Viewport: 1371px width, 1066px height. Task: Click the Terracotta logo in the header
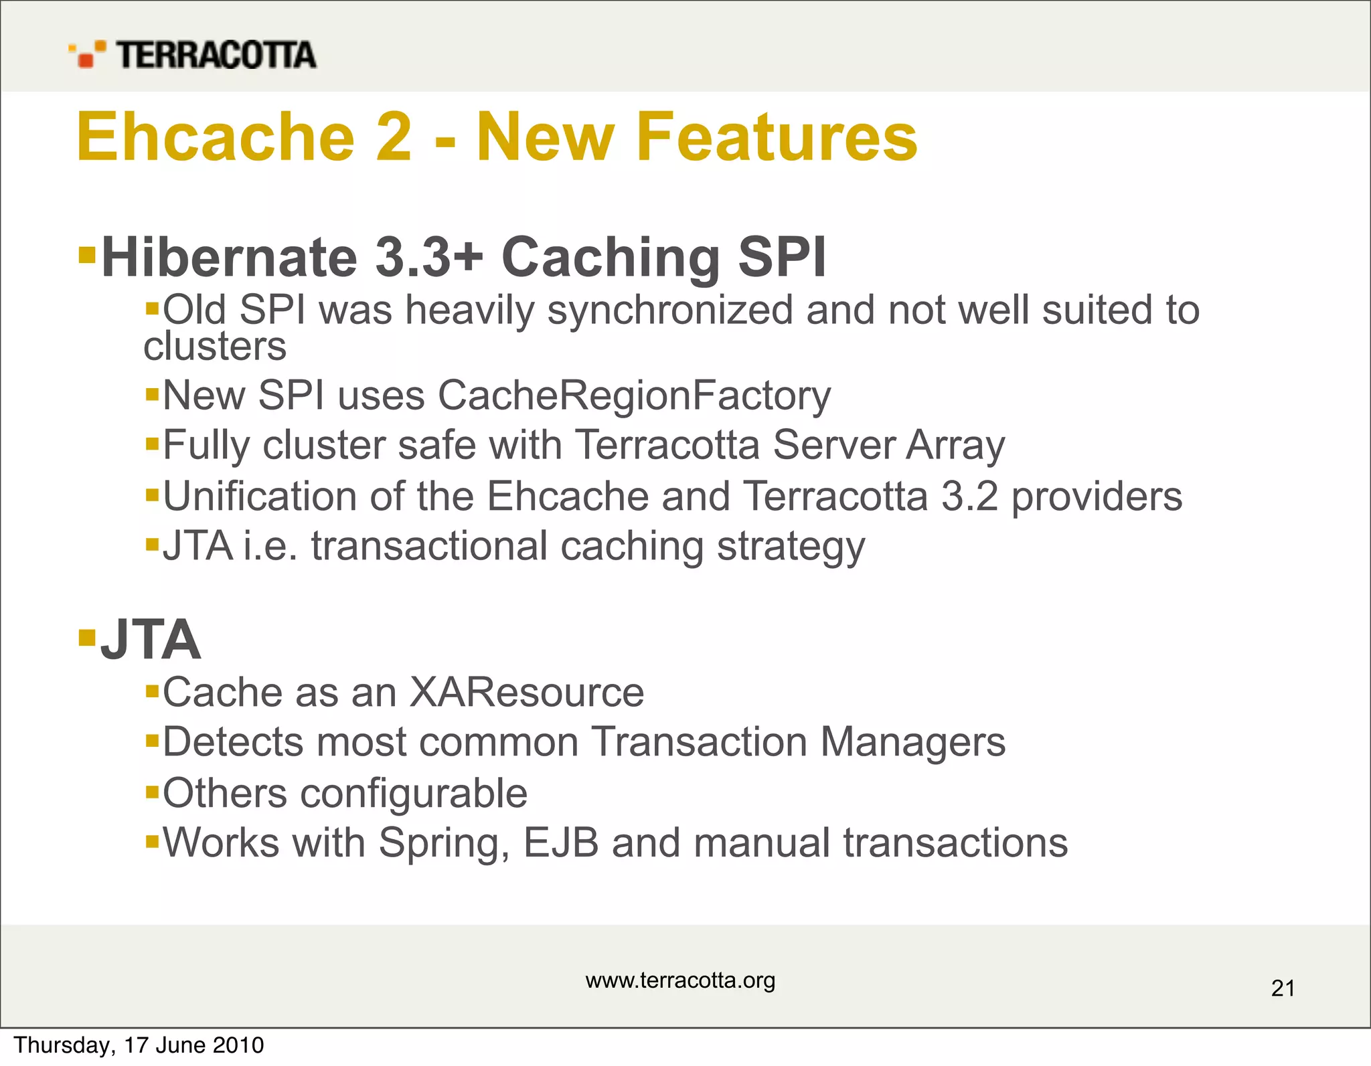pyautogui.click(x=192, y=54)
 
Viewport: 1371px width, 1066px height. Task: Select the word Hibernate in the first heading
pyautogui.click(x=230, y=257)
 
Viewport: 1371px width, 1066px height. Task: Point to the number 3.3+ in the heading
pyautogui.click(x=428, y=257)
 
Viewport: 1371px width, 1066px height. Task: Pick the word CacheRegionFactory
pyautogui.click(x=634, y=395)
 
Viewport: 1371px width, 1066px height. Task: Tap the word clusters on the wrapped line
pyautogui.click(x=215, y=347)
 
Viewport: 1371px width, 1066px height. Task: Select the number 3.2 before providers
pyautogui.click(x=969, y=496)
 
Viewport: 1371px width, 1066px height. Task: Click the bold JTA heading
pyautogui.click(x=150, y=640)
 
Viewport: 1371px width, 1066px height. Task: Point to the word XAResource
pyautogui.click(x=526, y=692)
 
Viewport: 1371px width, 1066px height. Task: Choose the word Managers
pyautogui.click(x=912, y=742)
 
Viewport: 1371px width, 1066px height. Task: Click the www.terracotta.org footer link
pyautogui.click(x=680, y=980)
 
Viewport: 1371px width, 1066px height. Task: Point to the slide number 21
pyautogui.click(x=1283, y=988)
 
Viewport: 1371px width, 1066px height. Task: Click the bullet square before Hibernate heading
pyautogui.click(x=87, y=255)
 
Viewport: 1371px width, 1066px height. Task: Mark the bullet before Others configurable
pyautogui.click(x=152, y=793)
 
